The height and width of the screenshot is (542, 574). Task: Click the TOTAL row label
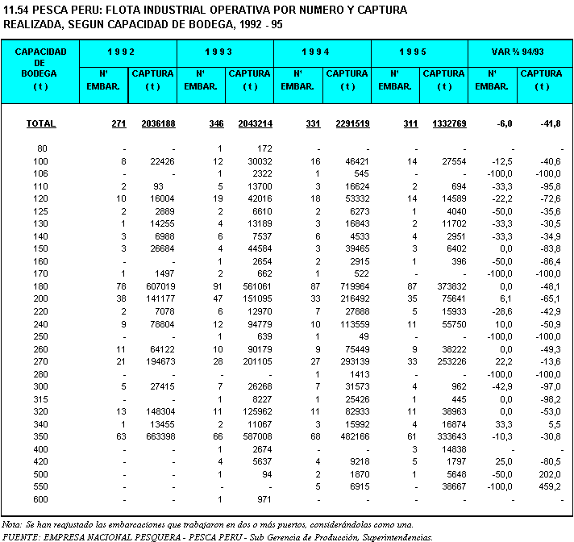point(41,124)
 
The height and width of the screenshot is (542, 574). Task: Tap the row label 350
point(41,436)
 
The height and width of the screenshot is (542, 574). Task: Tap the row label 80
point(42,149)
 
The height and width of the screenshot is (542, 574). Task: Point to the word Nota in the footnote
point(14,523)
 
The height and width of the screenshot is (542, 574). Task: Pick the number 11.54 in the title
point(19,10)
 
